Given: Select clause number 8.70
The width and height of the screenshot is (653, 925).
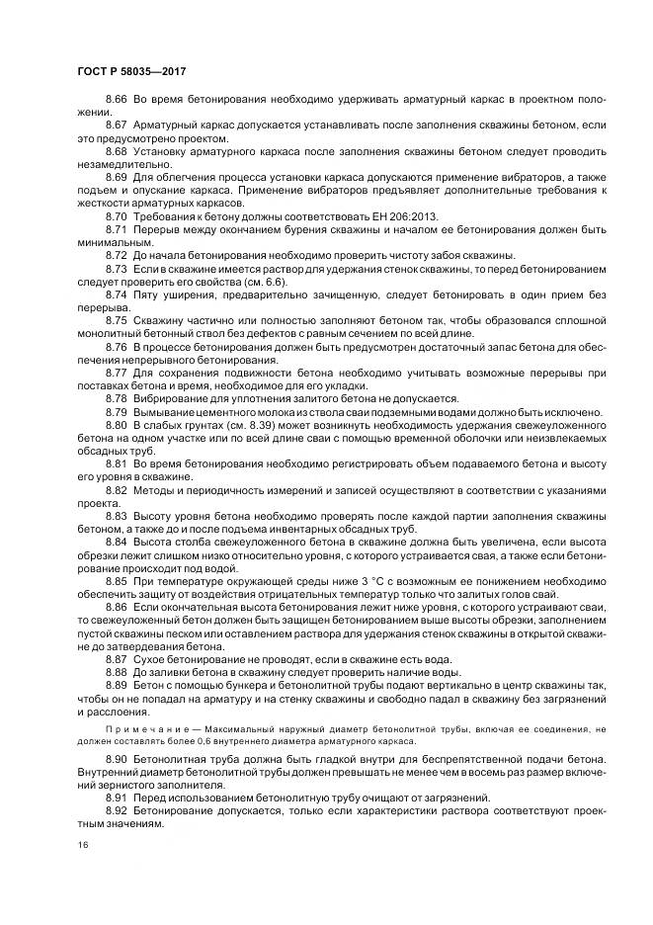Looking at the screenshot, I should [x=117, y=215].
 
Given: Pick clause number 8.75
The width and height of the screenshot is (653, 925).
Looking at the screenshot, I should [x=117, y=321].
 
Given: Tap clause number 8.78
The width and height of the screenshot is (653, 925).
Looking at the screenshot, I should [x=117, y=397].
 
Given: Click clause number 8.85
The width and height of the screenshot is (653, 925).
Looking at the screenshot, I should [x=117, y=581].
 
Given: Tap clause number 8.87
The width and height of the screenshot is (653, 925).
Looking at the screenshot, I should [x=117, y=657].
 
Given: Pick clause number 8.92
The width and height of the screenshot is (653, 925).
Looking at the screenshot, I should [x=117, y=809].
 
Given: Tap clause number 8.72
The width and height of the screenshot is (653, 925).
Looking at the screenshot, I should [x=117, y=254].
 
